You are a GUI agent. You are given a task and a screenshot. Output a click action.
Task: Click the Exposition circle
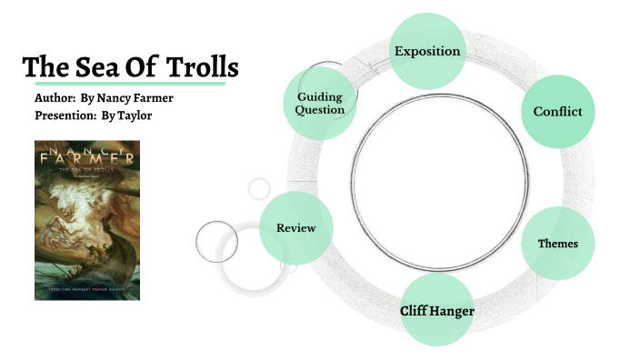[x=427, y=50]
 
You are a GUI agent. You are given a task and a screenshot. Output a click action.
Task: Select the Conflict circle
[x=557, y=112]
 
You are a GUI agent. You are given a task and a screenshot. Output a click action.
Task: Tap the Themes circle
[x=557, y=243]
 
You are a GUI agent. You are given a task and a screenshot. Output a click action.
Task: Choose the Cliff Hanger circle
[x=437, y=311]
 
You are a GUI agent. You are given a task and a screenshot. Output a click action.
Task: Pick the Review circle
[x=295, y=227]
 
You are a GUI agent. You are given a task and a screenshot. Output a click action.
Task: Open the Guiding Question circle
[x=320, y=103]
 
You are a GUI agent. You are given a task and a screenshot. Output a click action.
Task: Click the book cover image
[x=87, y=220]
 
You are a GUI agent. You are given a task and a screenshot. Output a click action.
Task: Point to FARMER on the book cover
[x=87, y=157]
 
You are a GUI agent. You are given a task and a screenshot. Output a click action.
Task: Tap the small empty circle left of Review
[x=216, y=240]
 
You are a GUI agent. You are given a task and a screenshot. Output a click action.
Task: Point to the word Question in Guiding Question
[x=320, y=110]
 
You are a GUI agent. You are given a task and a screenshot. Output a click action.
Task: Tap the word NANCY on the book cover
[x=87, y=145]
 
